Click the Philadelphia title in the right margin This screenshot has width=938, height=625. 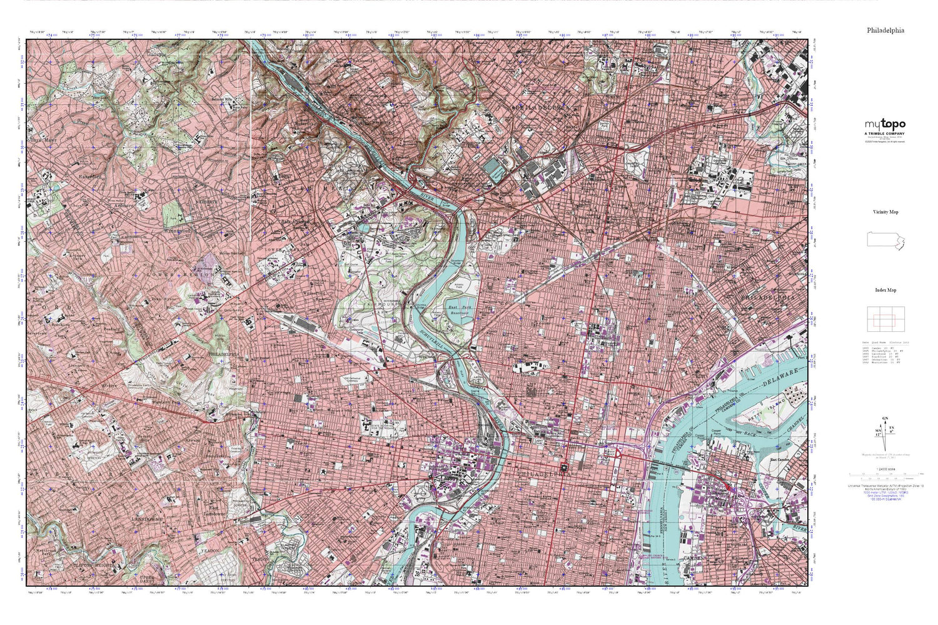(x=885, y=30)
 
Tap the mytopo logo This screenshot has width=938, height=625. (x=885, y=125)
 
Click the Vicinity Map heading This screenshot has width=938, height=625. (x=885, y=212)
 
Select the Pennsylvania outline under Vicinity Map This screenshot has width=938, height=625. (x=885, y=241)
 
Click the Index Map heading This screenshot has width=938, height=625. (x=885, y=290)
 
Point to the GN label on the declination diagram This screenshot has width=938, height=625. (x=884, y=417)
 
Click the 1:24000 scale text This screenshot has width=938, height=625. (x=885, y=469)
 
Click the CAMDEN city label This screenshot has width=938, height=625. (x=693, y=557)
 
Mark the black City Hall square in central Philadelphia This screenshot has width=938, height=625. (x=563, y=466)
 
